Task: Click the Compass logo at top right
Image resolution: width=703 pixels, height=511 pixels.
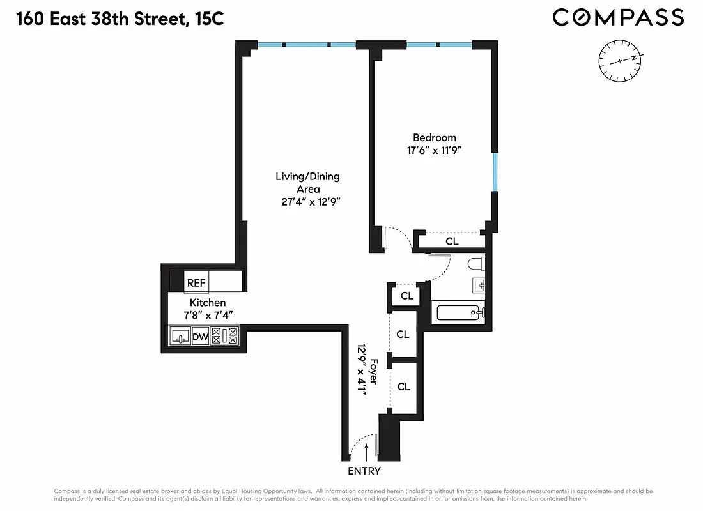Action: [x=618, y=17]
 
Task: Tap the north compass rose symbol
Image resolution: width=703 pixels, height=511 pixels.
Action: [x=619, y=61]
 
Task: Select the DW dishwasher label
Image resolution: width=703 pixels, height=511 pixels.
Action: [x=200, y=336]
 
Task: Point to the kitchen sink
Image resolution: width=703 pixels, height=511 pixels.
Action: [x=180, y=336]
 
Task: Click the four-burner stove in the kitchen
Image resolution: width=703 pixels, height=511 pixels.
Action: [x=224, y=336]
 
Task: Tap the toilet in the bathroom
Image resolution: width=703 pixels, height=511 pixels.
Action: [x=475, y=264]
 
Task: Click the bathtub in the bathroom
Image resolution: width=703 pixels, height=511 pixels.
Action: [x=458, y=313]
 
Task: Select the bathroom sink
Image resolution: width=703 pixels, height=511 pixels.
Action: [x=479, y=284]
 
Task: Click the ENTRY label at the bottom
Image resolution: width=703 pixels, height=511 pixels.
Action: [x=364, y=471]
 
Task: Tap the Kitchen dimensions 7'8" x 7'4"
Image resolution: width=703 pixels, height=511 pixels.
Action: [x=207, y=316]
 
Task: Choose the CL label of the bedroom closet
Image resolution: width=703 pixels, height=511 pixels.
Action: [x=452, y=241]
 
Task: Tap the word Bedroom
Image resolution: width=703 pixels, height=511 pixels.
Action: [x=435, y=137]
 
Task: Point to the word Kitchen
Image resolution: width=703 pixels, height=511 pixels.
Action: [x=208, y=302]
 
